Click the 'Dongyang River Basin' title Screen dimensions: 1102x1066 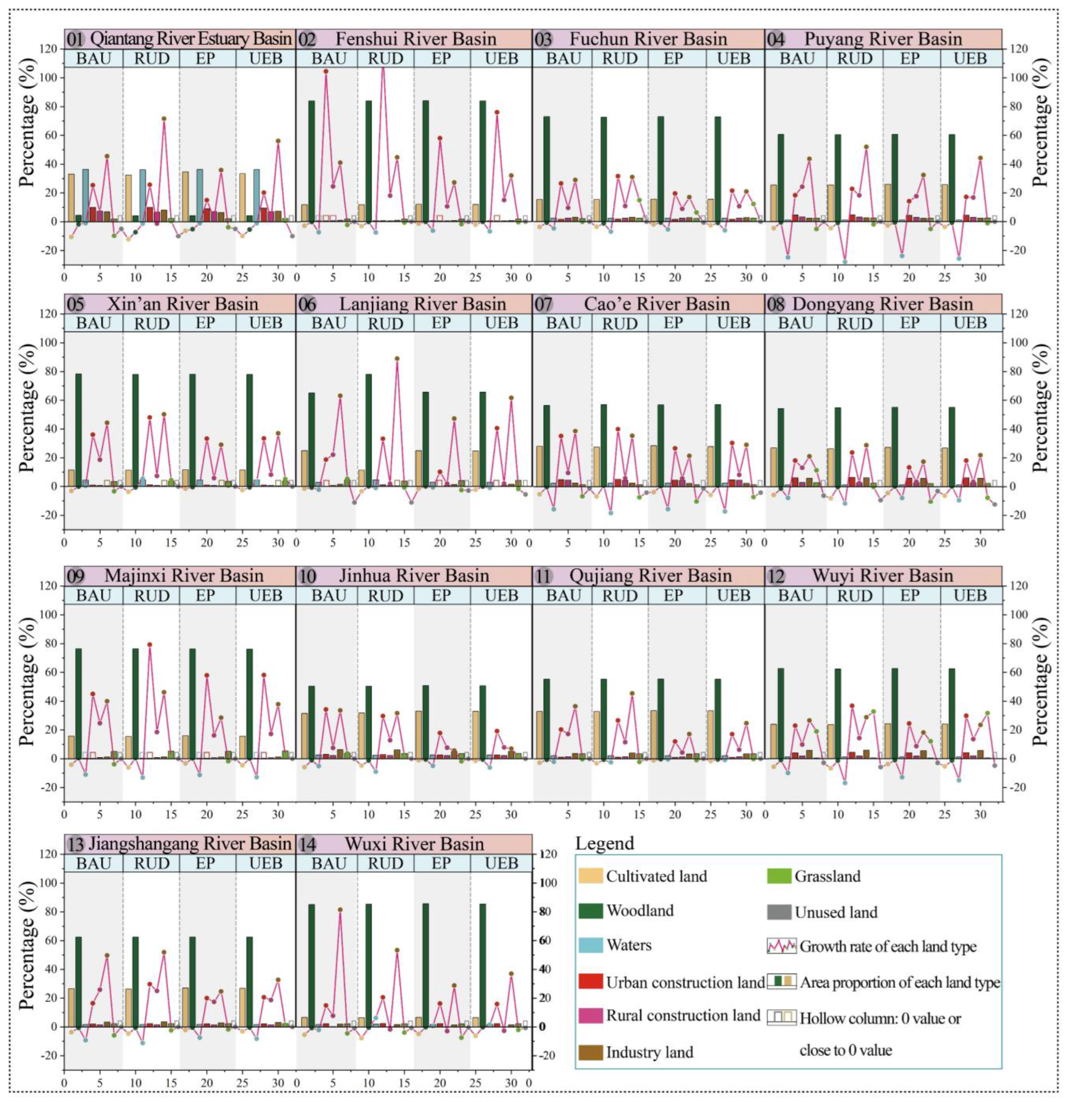coord(882,304)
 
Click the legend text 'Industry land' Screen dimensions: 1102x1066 coord(649,1052)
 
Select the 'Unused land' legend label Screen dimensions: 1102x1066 coord(836,911)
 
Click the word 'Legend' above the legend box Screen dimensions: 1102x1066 coord(604,843)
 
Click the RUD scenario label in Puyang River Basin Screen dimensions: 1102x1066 coord(854,58)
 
